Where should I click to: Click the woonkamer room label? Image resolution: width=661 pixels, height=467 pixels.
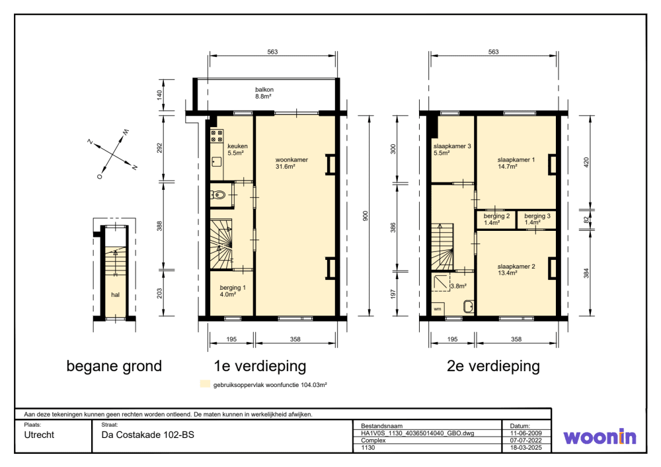point(292,163)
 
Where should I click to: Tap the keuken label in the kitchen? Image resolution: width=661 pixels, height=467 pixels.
point(237,149)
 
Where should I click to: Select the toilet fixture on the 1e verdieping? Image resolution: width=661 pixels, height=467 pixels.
point(218,195)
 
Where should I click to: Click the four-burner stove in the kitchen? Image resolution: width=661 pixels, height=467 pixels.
point(217,136)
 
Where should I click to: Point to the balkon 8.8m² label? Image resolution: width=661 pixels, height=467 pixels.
point(264,93)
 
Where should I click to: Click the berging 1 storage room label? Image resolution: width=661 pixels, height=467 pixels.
point(232,291)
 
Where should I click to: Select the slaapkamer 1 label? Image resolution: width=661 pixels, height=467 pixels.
point(516,163)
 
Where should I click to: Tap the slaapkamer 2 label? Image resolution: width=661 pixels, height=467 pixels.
point(516,270)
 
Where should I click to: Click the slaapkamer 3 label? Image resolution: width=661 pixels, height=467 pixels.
point(452,149)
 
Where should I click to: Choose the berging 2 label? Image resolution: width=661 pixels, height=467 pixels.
point(496,219)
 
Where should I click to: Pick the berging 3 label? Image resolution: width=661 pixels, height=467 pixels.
point(537,219)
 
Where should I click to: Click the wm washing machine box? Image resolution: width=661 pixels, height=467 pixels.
point(438,309)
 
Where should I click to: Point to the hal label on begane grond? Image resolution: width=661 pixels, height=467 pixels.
point(115,295)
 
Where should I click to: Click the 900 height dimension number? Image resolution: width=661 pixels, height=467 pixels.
point(366,216)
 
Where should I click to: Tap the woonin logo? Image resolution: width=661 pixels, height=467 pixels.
point(600,437)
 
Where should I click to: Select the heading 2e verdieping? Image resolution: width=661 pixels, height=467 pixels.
point(493,366)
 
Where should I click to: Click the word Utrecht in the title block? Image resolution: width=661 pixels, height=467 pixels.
point(39,435)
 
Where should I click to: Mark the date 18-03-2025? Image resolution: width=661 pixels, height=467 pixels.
point(525,448)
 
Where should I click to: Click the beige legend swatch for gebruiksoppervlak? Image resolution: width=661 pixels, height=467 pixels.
point(205,384)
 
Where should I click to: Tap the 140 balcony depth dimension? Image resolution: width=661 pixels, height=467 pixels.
point(159,95)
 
